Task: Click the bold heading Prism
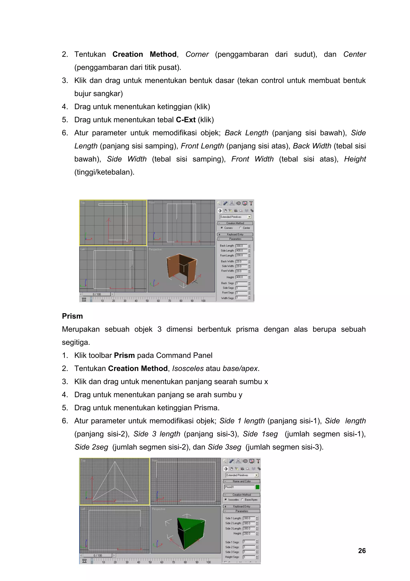point(72,316)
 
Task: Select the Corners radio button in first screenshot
point(222,228)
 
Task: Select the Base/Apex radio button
point(242,500)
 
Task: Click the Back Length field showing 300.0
point(241,246)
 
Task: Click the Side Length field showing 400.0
point(241,251)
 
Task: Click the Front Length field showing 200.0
point(241,255)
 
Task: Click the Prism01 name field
point(239,487)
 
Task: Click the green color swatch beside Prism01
point(257,487)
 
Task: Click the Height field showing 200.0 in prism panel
point(249,533)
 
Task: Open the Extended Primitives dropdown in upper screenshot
point(249,217)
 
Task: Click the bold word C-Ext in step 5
point(186,120)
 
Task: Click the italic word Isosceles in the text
point(188,368)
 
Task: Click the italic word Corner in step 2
point(197,54)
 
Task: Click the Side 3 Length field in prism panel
point(249,528)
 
